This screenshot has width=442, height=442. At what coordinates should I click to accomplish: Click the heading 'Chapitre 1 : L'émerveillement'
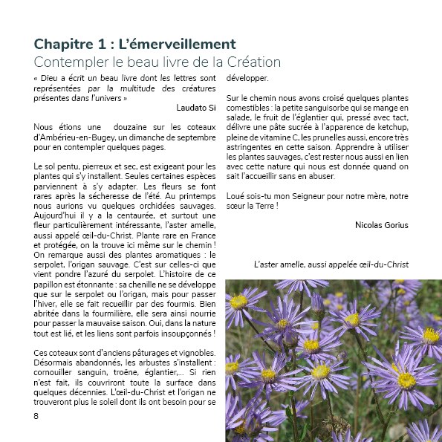tap(134, 44)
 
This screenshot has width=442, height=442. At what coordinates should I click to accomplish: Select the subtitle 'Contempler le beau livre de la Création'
tap(157, 62)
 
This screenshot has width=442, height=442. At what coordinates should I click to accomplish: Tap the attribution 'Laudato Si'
tap(196, 107)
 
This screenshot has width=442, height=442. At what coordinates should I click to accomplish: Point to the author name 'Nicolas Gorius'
tap(382, 224)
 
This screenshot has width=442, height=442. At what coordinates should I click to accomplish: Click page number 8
tap(36, 415)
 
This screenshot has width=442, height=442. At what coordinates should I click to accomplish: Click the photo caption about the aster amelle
tap(331, 264)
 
